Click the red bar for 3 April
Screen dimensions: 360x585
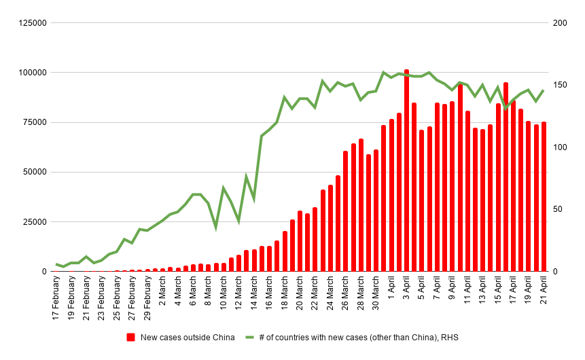click(406, 170)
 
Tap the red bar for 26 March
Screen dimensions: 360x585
click(345, 211)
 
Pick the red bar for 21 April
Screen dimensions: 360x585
click(544, 196)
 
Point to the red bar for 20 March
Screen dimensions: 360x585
click(300, 241)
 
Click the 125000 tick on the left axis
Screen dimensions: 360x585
click(32, 23)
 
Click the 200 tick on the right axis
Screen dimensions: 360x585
click(560, 23)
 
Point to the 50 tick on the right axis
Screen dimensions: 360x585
click(558, 209)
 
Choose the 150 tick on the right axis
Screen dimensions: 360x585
click(560, 85)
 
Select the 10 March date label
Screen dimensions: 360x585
click(224, 296)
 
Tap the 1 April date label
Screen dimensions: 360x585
click(391, 293)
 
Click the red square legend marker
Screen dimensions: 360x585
click(131, 337)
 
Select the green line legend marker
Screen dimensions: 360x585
click(249, 337)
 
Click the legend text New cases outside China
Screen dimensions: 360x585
click(188, 337)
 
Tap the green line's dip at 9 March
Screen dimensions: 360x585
click(216, 228)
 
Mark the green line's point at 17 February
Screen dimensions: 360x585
click(56, 264)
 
